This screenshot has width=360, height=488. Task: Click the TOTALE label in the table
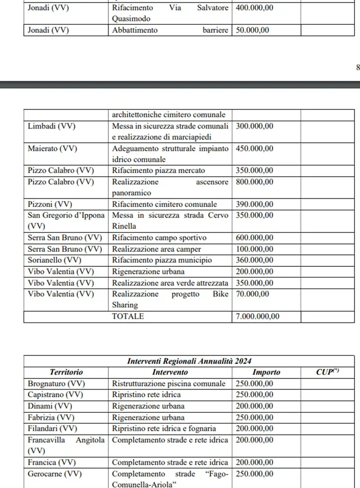point(128,317)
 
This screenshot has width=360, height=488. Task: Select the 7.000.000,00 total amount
point(257,317)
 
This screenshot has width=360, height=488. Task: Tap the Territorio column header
point(66,372)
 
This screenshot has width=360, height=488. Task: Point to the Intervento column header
point(170,372)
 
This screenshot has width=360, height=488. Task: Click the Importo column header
point(266,372)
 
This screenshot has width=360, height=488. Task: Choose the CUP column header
point(327,372)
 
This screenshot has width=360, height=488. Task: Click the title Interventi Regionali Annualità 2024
point(189,361)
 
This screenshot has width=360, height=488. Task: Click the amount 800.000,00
point(255,182)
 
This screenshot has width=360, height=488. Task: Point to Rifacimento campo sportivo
point(159,238)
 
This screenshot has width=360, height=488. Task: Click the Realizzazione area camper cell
point(156,249)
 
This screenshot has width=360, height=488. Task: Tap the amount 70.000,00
point(252,294)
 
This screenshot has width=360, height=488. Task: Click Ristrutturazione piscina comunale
point(168,384)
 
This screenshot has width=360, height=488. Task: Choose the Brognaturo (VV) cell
point(56,384)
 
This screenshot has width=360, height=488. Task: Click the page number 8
point(358,68)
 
